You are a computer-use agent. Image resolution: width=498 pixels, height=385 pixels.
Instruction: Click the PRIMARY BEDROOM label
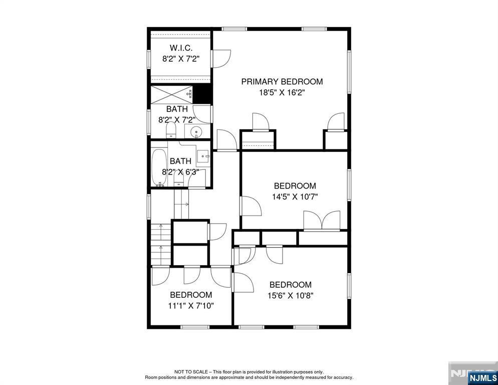point(282,82)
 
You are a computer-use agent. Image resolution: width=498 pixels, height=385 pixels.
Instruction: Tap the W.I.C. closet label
point(181,48)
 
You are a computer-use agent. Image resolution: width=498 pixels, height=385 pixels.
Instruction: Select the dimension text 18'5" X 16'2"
point(283,93)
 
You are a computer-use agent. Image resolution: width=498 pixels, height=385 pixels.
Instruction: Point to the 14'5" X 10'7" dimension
point(295,197)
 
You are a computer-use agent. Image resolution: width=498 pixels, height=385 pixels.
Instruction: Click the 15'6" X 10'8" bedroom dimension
point(291,296)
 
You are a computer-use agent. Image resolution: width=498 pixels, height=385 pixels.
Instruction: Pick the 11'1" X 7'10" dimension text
point(191,306)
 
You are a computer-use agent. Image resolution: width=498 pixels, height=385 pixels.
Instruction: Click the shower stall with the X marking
point(171,94)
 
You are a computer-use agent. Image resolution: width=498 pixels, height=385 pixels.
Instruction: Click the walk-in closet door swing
point(221,59)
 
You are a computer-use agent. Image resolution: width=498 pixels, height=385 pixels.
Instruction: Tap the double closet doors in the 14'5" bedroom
point(322,220)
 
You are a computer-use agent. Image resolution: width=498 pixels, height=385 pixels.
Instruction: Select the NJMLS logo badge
point(482,377)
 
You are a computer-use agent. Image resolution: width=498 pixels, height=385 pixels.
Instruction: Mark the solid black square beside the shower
point(202,94)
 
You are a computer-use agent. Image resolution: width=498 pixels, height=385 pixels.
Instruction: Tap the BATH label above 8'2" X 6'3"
point(180,161)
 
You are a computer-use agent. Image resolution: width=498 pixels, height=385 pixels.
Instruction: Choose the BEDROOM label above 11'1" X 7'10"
point(191,295)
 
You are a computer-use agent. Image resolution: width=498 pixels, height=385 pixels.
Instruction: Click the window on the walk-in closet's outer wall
point(148,59)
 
